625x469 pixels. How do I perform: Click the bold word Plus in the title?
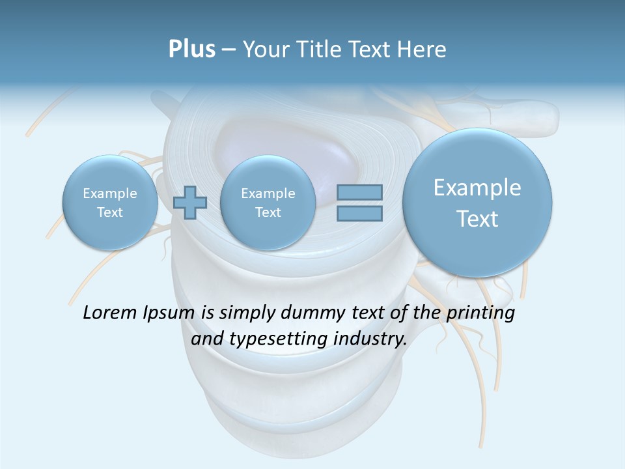pyautogui.click(x=191, y=49)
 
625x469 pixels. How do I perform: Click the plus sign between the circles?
pyautogui.click(x=190, y=203)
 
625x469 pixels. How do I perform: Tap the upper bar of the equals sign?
pyautogui.click(x=359, y=192)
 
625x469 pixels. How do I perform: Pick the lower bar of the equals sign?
pyautogui.click(x=359, y=214)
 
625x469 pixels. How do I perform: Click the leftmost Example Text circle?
pyautogui.click(x=110, y=203)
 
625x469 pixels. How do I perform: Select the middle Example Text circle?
pyautogui.click(x=268, y=203)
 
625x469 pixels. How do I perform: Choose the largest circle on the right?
pyautogui.click(x=477, y=203)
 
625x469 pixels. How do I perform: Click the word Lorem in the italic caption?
pyautogui.click(x=111, y=313)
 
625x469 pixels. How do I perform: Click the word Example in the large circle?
pyautogui.click(x=477, y=188)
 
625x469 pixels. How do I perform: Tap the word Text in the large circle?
pyautogui.click(x=477, y=219)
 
